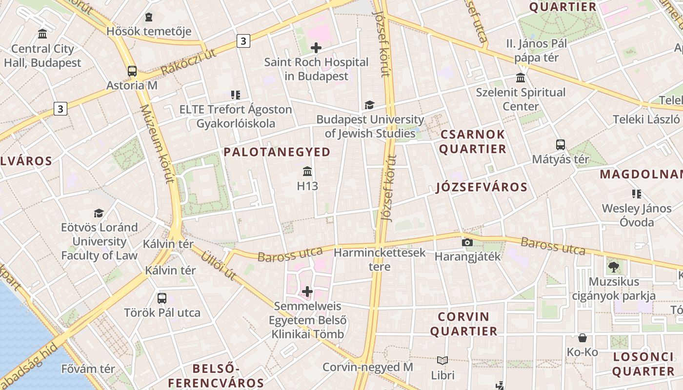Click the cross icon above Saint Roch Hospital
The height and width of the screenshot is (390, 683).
coord(316,48)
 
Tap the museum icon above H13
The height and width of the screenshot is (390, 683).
coord(307,172)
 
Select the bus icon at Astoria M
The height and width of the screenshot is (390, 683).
coord(132,71)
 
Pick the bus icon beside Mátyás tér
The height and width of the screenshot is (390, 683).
coord(560,145)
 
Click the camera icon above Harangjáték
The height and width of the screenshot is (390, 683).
coord(467,242)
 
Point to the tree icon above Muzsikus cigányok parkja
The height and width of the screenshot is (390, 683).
coord(613,267)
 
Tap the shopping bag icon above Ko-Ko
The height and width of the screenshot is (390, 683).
coord(582,338)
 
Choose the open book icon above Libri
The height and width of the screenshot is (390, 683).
coord(442,361)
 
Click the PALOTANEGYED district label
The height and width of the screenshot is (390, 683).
coord(277,152)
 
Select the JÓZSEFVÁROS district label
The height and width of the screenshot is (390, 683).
coord(482,187)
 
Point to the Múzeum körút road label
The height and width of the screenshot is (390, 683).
coord(157,144)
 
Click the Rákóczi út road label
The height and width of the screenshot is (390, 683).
coord(188,62)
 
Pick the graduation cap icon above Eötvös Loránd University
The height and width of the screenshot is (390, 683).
coord(99,213)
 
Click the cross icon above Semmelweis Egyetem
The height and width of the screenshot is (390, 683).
coord(307,292)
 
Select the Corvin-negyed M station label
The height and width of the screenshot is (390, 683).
coord(368,367)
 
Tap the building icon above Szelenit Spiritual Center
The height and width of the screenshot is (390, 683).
coord(521,78)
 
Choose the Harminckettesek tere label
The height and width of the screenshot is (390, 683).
coord(380,259)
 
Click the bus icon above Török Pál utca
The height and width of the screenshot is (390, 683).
coord(162,298)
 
